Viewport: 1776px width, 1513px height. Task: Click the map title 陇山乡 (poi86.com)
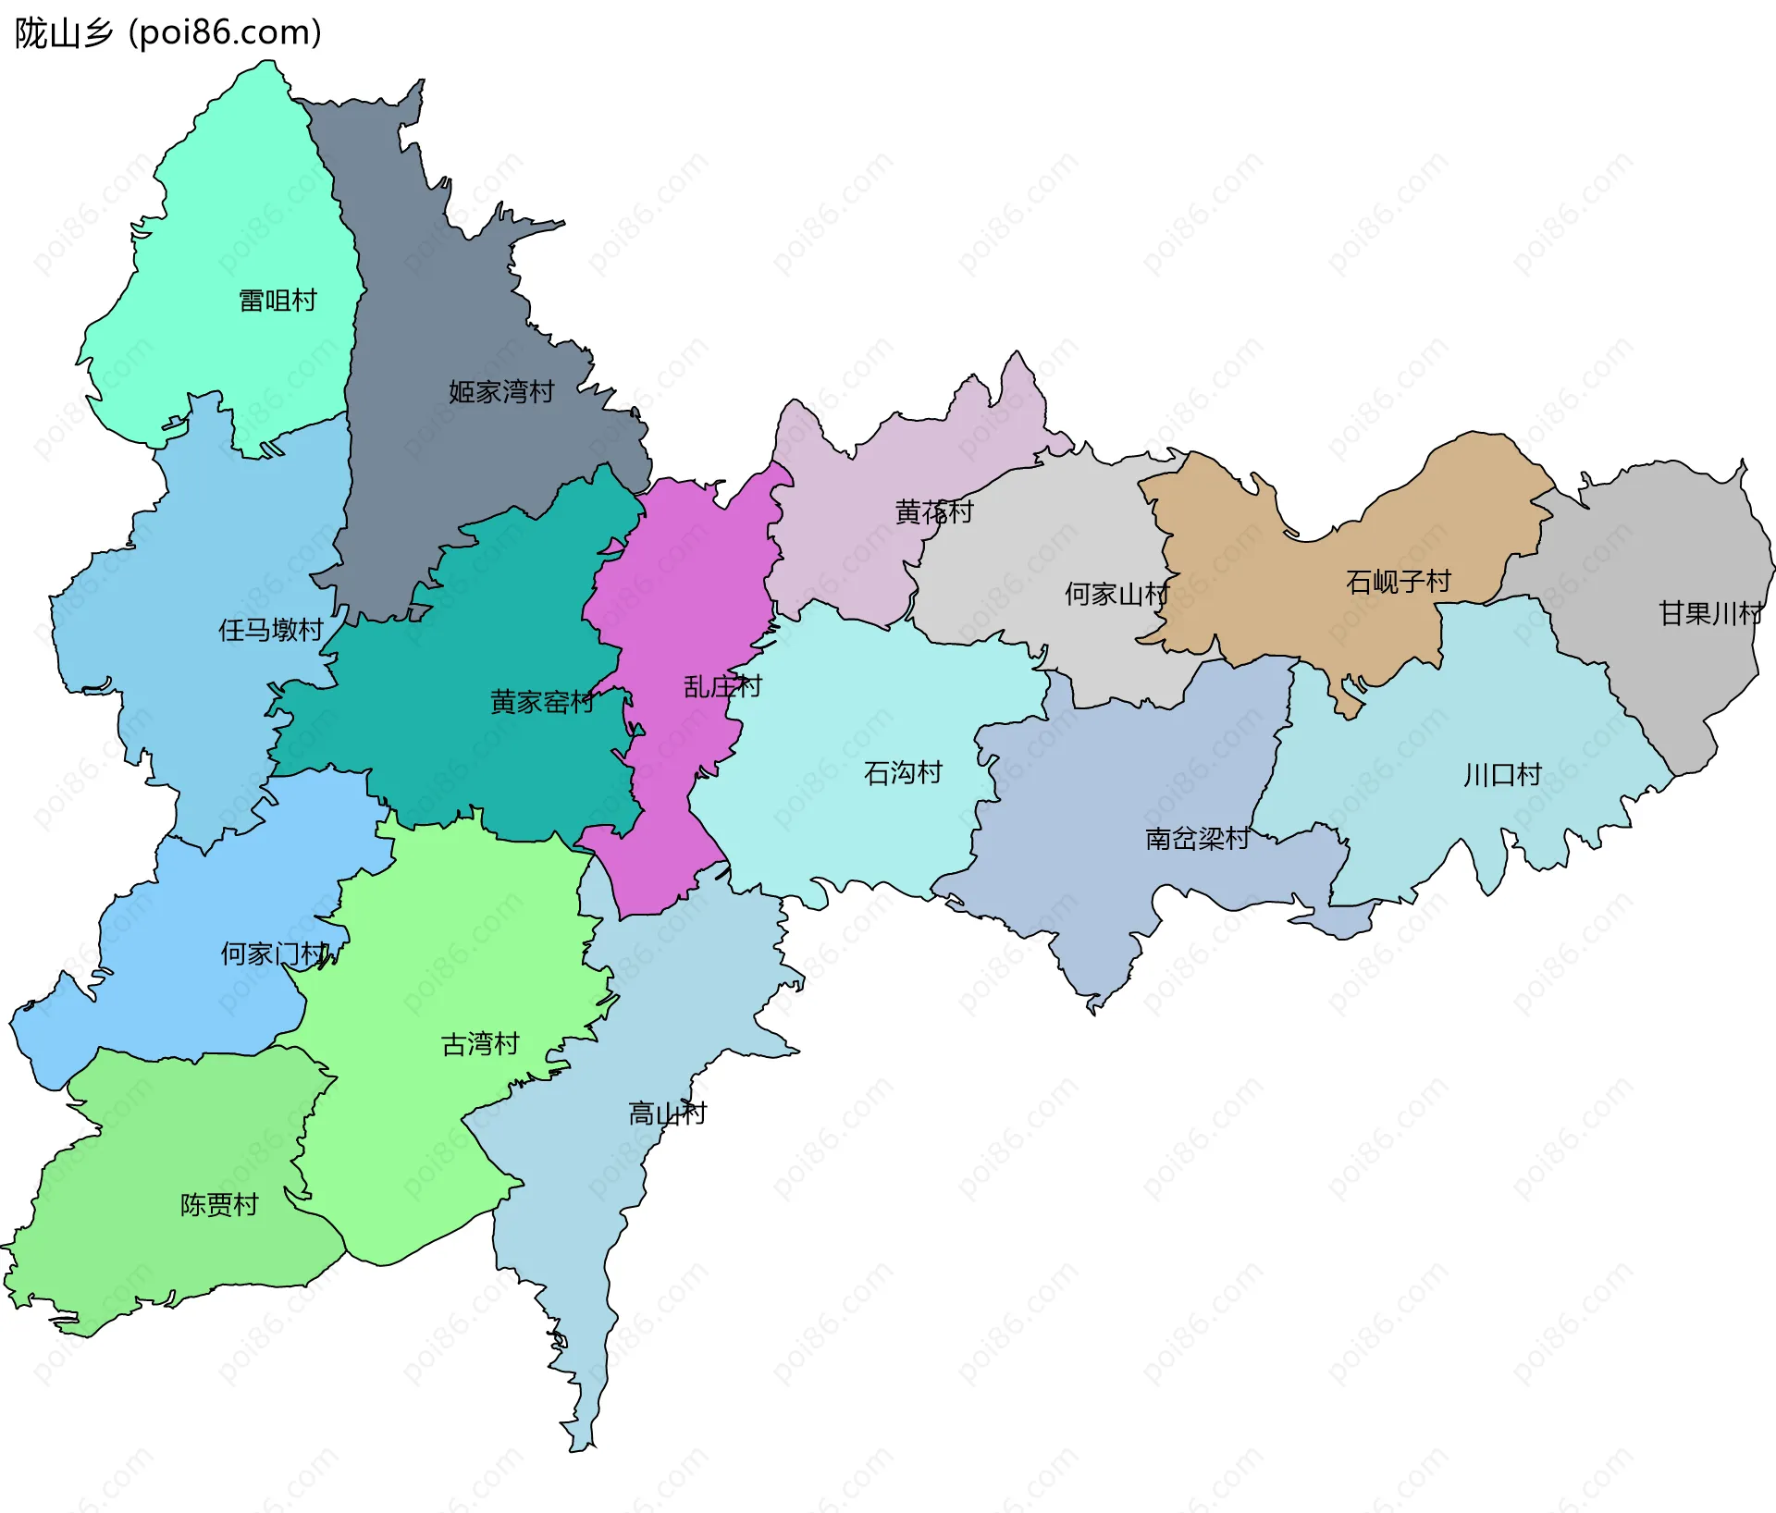(167, 33)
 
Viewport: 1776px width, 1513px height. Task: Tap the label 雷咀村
(277, 301)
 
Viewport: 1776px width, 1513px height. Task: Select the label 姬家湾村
(501, 392)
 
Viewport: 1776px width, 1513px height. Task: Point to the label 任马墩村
(270, 630)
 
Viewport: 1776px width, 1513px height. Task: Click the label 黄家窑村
(542, 702)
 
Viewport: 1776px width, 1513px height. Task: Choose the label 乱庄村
(722, 686)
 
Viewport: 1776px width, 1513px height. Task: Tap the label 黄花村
(934, 511)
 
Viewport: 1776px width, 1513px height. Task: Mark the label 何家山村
(1116, 594)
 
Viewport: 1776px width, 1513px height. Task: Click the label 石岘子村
(1398, 582)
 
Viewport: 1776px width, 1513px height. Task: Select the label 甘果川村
(1709, 613)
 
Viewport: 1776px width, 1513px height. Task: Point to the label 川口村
(1502, 775)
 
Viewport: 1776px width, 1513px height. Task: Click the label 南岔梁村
(1197, 839)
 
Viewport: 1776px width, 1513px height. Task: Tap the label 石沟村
(903, 772)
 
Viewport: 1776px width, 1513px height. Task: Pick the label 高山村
(667, 1113)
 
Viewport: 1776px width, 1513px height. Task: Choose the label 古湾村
(480, 1044)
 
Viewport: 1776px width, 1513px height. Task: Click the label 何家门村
(275, 953)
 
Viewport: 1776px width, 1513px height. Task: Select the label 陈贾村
(219, 1205)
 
